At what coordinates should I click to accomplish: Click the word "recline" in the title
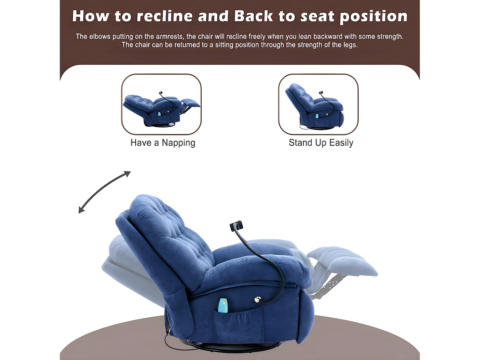click(164, 16)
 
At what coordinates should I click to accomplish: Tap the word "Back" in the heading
click(253, 16)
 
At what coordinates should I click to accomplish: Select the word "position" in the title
click(374, 17)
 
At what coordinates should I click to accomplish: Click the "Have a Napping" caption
click(163, 143)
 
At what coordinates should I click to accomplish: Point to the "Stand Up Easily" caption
click(321, 143)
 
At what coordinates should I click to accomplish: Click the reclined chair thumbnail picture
click(161, 104)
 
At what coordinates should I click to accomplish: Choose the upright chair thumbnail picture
click(318, 104)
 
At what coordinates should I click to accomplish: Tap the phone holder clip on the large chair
click(236, 226)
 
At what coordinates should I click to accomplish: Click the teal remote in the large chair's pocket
click(223, 305)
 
